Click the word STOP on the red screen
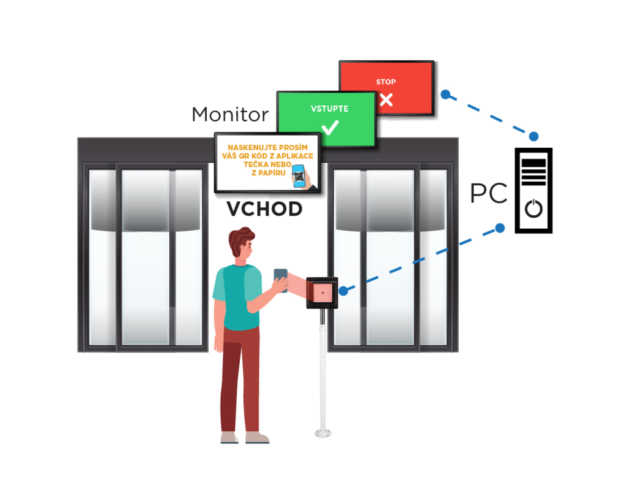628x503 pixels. pos(386,82)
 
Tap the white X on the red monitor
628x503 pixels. pos(386,99)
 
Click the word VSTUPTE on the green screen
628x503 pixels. pos(329,109)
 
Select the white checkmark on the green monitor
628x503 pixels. pos(330,128)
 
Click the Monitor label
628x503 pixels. pos(230,115)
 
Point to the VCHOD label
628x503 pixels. pos(264,210)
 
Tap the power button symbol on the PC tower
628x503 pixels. pos(534,209)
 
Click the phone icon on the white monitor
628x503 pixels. pos(299,175)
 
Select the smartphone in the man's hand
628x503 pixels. pos(280,280)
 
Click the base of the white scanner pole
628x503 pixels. pos(323,433)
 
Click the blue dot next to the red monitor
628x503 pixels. pos(446,95)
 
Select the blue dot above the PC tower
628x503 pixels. pos(534,136)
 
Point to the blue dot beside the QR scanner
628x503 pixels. pos(343,290)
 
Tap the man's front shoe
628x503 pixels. pos(256,438)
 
